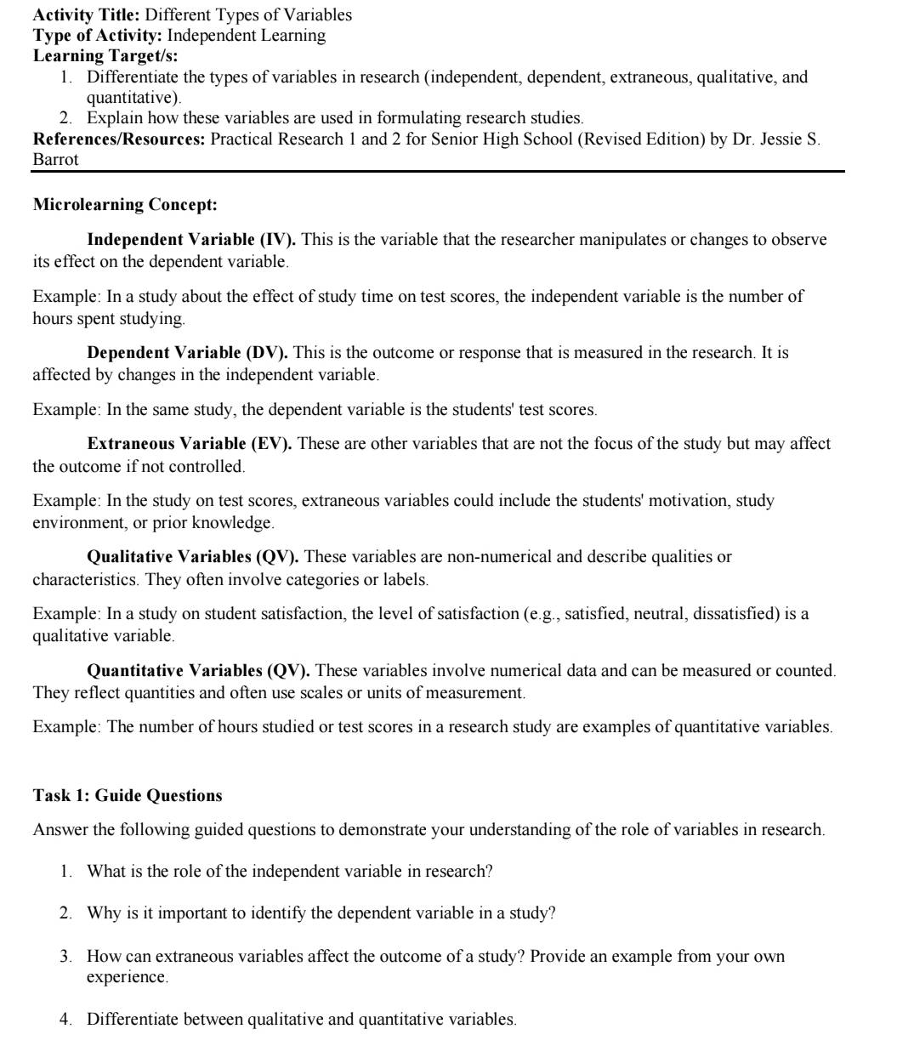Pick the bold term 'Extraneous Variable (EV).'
point(190,444)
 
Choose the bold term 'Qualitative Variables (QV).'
point(193,557)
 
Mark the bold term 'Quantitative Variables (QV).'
point(199,671)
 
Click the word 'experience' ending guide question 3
point(126,977)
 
